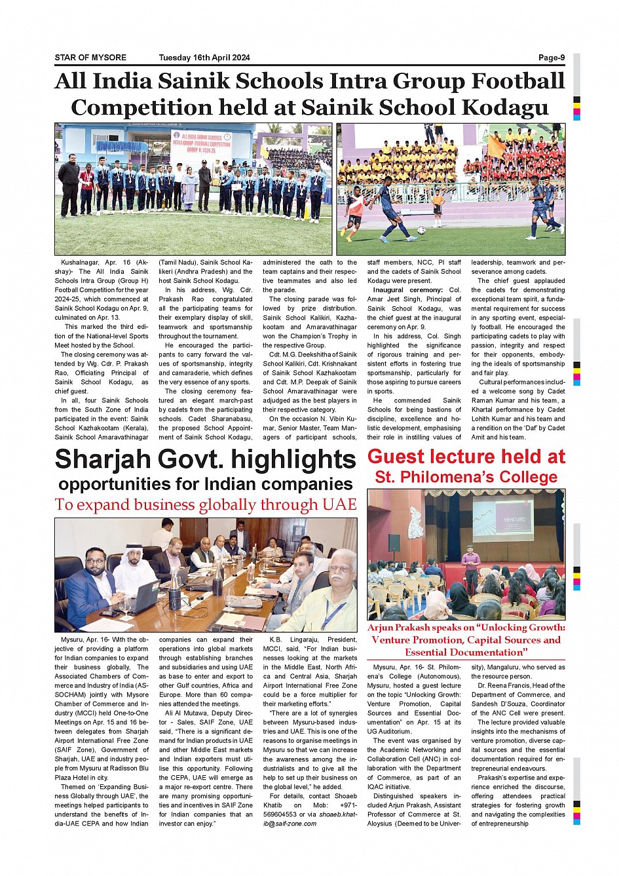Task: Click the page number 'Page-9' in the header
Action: (x=551, y=58)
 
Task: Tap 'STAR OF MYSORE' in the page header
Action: (x=90, y=58)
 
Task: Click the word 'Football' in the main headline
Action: (x=517, y=81)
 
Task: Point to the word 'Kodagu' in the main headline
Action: (x=505, y=107)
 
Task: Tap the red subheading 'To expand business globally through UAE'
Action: (x=206, y=505)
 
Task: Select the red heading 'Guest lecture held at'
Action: (x=466, y=457)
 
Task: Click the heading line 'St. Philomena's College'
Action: (x=466, y=477)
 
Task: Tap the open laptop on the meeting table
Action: (x=141, y=597)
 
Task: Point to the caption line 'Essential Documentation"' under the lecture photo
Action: (x=466, y=653)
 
